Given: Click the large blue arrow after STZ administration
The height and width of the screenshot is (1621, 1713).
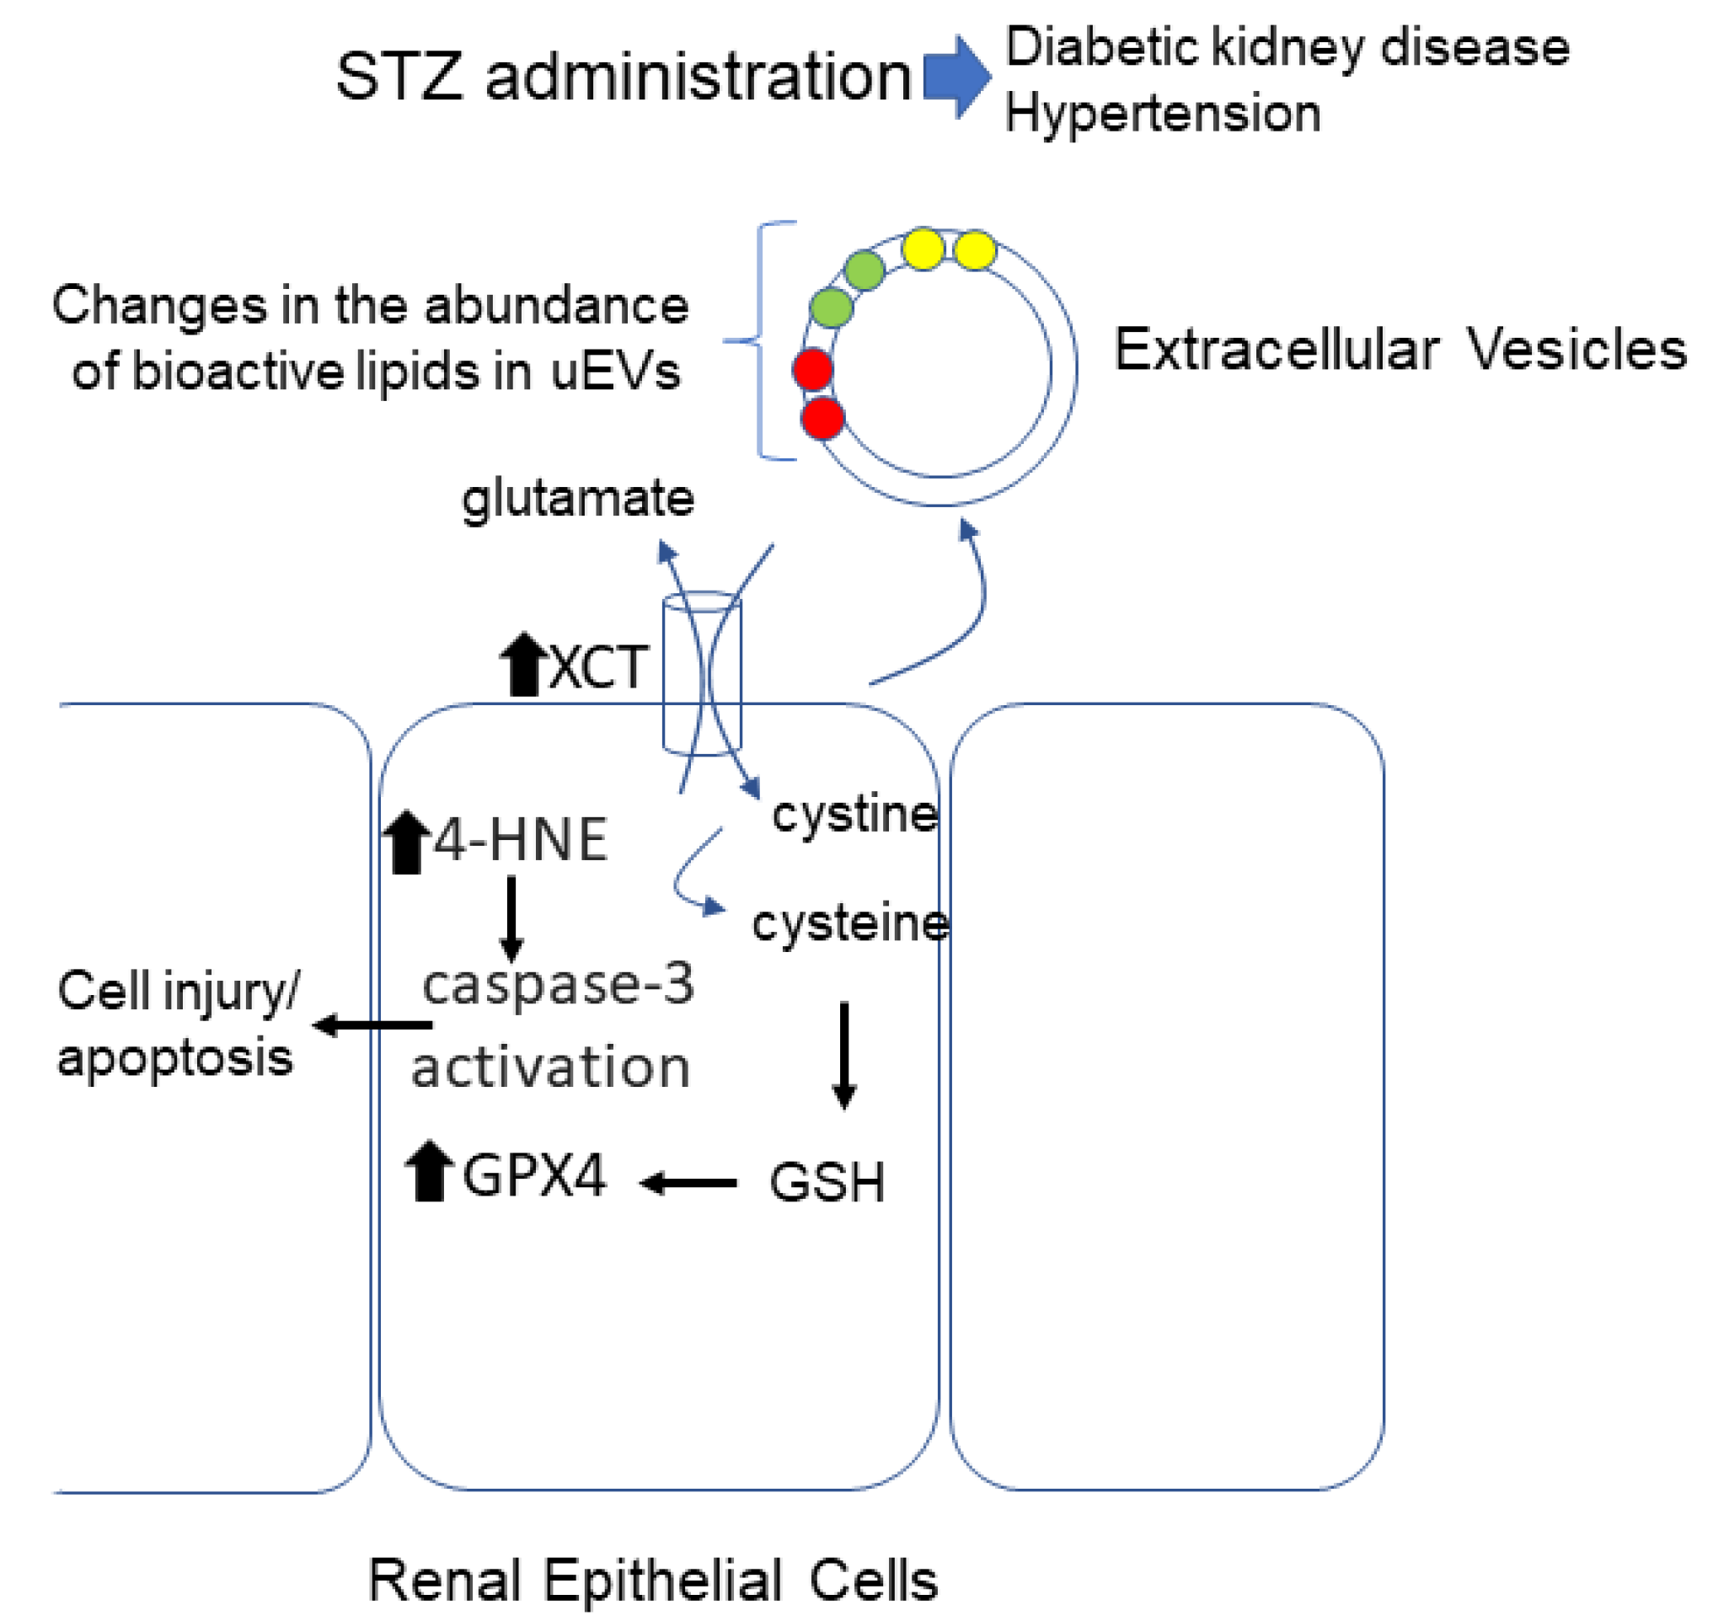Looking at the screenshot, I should (956, 77).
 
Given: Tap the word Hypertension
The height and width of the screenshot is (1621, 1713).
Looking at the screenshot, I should (1163, 114).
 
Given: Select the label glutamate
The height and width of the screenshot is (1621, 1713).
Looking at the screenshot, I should (577, 499).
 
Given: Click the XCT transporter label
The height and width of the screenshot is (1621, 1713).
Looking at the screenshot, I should (598, 668).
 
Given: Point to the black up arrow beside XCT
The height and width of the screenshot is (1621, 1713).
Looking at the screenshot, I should (524, 665).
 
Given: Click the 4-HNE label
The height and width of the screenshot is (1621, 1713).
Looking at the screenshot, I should (520, 840).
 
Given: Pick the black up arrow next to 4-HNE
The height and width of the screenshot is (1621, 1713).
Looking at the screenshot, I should (406, 843).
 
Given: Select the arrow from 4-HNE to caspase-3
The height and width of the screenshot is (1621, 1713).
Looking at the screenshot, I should (511, 918).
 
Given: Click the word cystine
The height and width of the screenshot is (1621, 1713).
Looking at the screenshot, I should (854, 815).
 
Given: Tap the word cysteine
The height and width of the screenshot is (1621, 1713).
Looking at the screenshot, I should (850, 923).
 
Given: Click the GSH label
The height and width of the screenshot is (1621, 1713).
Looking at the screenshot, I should (827, 1183).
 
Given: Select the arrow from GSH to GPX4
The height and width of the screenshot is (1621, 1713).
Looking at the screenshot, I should (689, 1183).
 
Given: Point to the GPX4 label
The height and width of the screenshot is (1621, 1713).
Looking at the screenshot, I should (534, 1176).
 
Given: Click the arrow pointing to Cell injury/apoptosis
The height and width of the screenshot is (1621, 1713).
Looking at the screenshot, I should (372, 1025).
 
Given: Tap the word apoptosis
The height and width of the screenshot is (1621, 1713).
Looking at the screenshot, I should (175, 1057).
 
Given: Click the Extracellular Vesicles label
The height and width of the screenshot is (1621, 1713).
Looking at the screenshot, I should (1400, 350).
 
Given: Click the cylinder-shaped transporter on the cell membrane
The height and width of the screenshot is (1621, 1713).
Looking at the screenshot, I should (702, 675).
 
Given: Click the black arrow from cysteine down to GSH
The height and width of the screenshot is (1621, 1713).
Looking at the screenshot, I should (844, 1055).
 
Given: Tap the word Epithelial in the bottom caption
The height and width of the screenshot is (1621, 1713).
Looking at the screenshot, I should (662, 1581).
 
